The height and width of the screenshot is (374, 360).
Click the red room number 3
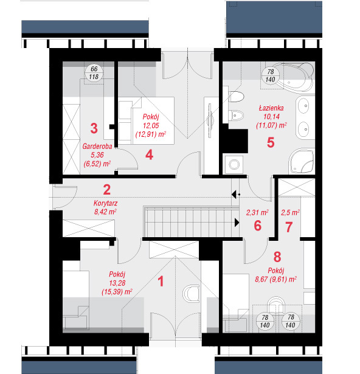(x=94, y=128)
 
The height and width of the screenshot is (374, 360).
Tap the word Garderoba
(x=97, y=146)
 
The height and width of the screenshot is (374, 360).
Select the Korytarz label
(x=105, y=203)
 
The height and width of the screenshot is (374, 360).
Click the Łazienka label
(x=271, y=108)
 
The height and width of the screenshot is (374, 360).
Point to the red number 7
(x=289, y=227)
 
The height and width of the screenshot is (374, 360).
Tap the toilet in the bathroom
(x=236, y=97)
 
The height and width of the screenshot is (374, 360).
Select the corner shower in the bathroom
(x=301, y=161)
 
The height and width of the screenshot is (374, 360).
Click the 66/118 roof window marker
(x=94, y=73)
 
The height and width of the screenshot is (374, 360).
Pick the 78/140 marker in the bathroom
(x=271, y=75)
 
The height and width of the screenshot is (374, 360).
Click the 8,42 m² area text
(x=105, y=212)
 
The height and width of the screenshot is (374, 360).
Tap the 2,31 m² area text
(x=257, y=212)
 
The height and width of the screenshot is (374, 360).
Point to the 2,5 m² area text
(x=290, y=212)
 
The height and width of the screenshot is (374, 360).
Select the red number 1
(x=161, y=281)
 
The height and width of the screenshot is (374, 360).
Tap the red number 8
(x=277, y=257)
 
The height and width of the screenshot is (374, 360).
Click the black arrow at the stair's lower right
(x=237, y=223)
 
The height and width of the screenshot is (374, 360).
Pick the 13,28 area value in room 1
(x=117, y=283)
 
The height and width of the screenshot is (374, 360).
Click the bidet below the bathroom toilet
(x=236, y=116)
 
